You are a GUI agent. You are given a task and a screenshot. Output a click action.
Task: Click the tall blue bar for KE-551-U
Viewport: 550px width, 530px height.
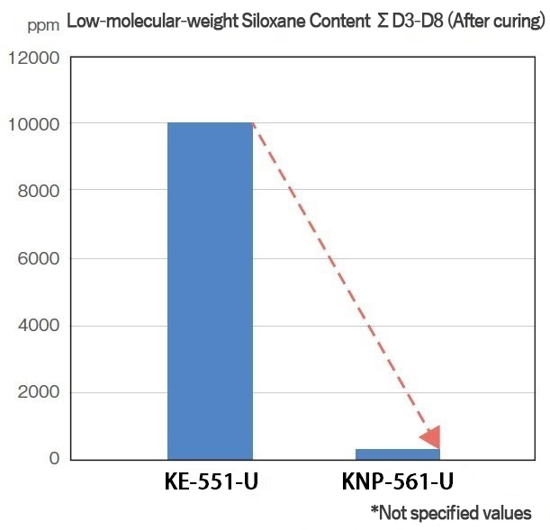pyautogui.click(x=210, y=291)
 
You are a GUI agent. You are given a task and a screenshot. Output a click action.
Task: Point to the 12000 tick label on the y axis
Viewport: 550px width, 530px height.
pyautogui.click(x=32, y=59)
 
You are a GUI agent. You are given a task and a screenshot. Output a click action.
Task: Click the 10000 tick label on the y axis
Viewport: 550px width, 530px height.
pyautogui.click(x=32, y=123)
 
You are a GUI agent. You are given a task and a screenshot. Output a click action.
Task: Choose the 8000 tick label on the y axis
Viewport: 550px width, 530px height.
pyautogui.click(x=37, y=191)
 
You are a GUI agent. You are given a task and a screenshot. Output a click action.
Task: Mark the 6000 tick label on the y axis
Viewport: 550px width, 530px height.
pyautogui.click(x=37, y=258)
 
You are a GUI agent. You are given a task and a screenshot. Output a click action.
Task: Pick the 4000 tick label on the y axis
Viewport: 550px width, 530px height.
pyautogui.click(x=37, y=326)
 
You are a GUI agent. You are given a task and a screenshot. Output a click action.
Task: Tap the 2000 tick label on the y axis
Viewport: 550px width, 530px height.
pyautogui.click(x=37, y=392)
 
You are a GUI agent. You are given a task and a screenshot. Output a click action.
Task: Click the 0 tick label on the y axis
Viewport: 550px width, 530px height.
pyautogui.click(x=54, y=459)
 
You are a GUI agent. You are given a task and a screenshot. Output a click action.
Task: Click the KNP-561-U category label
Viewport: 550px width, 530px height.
pyautogui.click(x=397, y=483)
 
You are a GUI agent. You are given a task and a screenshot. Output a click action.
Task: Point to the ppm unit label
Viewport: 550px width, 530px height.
pyautogui.click(x=41, y=24)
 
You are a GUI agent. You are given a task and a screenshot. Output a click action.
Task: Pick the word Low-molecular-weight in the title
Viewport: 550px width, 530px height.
pyautogui.click(x=148, y=22)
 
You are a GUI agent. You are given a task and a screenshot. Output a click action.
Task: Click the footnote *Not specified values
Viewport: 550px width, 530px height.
pyautogui.click(x=450, y=513)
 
